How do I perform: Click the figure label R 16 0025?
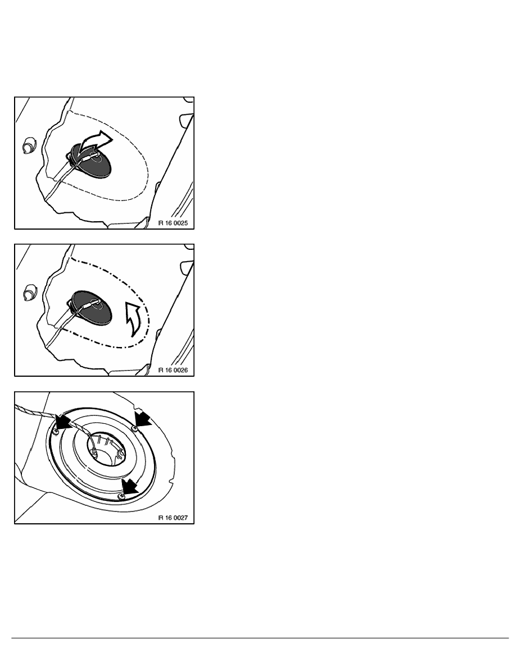173,223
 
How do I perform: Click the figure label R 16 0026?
173,370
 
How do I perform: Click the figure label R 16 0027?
173,518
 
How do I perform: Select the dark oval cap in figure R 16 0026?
91,308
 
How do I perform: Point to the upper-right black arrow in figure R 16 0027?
143,418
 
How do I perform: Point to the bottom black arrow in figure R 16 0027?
129,486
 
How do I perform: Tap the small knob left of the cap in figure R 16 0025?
29,146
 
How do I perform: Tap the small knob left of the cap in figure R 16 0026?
29,293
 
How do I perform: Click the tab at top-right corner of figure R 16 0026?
187,267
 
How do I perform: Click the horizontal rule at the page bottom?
260,638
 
